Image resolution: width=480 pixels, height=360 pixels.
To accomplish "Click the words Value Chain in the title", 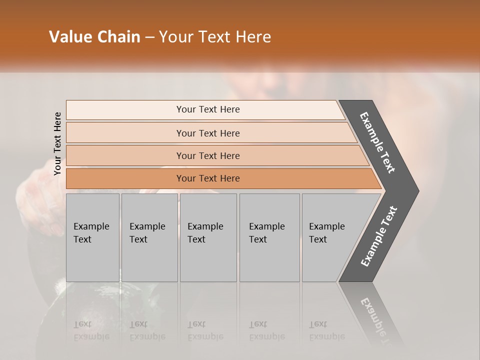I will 94,37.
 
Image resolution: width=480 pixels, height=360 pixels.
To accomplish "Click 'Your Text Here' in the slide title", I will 215,37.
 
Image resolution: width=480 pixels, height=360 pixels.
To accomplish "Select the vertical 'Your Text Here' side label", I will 57,143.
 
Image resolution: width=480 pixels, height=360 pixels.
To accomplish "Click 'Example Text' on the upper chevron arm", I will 377,142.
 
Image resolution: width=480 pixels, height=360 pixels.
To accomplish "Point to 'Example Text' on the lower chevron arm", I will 379,236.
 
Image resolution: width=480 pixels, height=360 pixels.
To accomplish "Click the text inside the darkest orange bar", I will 208,178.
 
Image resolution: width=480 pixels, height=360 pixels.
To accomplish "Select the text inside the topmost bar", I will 208,109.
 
